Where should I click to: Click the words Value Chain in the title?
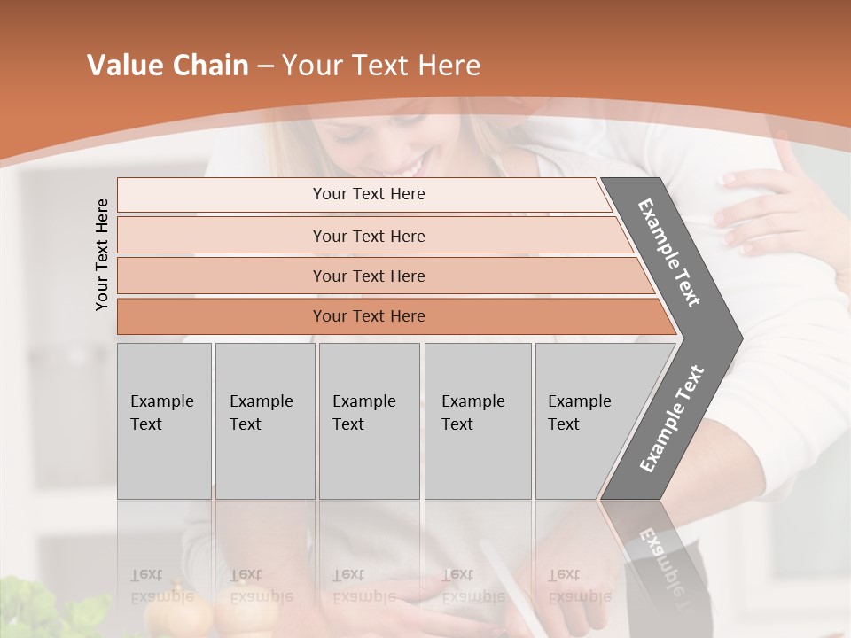point(168,66)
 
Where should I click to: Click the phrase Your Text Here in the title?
point(381,66)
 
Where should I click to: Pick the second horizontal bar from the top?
point(369,236)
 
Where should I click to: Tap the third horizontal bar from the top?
point(369,276)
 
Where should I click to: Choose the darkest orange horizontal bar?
point(369,316)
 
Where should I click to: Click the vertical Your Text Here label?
point(102,254)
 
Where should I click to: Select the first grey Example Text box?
point(164,420)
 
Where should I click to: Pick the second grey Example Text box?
point(264,420)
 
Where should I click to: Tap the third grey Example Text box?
point(369,420)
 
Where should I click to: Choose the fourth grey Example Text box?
point(477,420)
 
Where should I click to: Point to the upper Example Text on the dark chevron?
point(669,253)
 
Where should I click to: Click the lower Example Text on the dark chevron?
point(672,418)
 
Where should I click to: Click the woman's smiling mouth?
point(410,166)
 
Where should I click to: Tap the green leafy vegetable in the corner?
point(53,611)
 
